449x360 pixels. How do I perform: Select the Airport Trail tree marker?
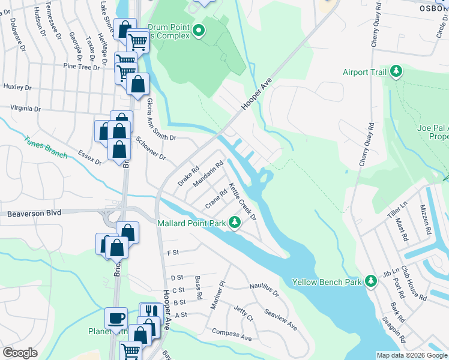pos(396,72)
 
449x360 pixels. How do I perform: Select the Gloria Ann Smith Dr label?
pos(152,118)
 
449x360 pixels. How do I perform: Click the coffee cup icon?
pos(116,317)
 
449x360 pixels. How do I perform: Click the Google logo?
pos(20,353)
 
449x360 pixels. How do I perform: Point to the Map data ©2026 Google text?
pos(411,355)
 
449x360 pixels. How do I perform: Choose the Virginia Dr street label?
pos(25,109)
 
